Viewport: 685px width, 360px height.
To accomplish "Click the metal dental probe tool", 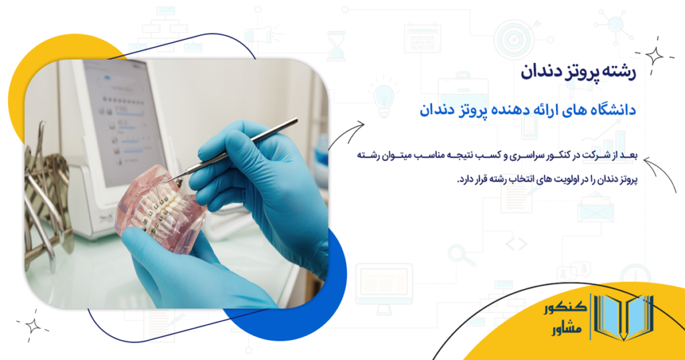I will pyautogui.click(x=241, y=148).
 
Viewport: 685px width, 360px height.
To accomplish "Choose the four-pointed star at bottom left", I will pyautogui.click(x=32, y=326).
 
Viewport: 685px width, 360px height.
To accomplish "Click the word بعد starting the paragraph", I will pyautogui.click(x=629, y=156).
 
